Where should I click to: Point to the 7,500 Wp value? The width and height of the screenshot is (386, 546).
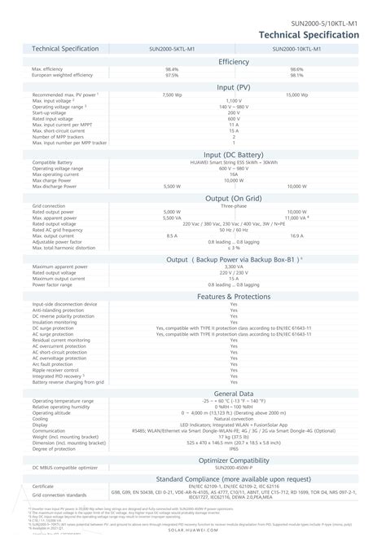[172, 95]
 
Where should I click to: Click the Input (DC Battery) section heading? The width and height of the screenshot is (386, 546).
[234, 154]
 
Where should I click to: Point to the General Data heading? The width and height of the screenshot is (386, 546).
[234, 393]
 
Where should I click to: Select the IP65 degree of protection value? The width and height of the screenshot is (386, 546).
[234, 448]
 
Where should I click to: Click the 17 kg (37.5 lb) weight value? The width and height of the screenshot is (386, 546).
[234, 436]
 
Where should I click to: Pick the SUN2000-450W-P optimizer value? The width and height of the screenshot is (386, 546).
[234, 467]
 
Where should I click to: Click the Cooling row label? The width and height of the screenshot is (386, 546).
[40, 418]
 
